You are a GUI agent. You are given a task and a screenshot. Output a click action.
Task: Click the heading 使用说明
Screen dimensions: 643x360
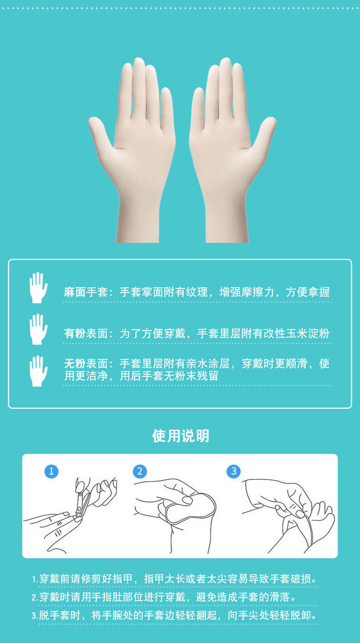180,436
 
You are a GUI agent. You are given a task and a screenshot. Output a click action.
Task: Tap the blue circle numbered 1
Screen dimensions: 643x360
51,471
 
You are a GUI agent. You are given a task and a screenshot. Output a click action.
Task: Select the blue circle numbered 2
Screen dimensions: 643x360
140,471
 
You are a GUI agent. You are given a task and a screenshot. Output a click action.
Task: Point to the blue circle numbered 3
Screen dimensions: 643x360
234,471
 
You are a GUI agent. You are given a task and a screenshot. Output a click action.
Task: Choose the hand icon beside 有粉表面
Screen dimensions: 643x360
38,329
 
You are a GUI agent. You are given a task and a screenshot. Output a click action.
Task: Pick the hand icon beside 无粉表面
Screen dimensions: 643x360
38,370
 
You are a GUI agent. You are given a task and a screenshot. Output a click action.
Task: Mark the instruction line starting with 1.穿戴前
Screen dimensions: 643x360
174,579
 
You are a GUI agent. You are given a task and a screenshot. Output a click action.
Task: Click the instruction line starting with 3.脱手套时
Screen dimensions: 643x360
174,616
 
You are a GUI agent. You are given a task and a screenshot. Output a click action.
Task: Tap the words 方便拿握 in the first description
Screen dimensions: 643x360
308,292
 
